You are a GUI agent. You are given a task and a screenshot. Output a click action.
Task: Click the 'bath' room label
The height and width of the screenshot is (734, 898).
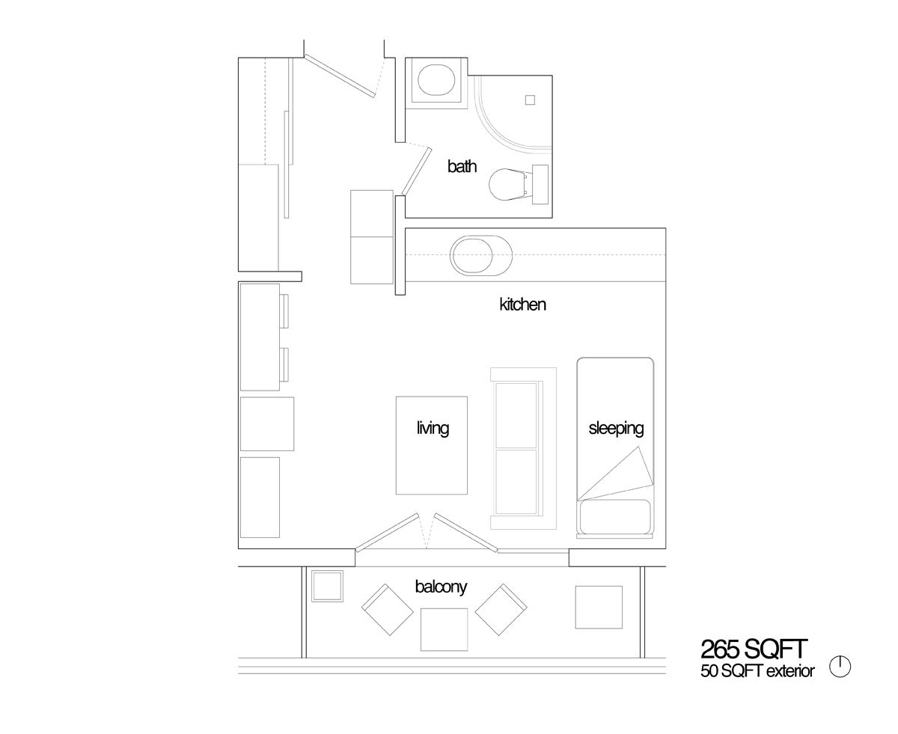(462, 166)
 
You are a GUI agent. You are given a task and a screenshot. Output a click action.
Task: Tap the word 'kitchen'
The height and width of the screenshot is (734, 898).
(522, 305)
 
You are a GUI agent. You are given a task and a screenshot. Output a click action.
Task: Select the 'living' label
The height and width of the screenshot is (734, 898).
(433, 428)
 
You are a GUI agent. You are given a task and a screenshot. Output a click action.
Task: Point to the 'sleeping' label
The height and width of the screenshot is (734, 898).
(616, 428)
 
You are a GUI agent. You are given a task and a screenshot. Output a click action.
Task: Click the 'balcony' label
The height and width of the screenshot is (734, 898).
(441, 587)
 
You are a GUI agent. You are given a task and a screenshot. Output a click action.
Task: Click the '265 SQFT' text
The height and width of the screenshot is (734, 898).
(754, 649)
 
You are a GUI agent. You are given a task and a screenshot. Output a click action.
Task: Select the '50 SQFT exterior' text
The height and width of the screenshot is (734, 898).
(757, 671)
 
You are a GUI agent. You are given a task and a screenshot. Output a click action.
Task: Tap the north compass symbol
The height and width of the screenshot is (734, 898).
(840, 667)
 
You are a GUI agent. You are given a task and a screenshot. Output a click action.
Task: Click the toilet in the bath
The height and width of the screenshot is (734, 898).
(518, 185)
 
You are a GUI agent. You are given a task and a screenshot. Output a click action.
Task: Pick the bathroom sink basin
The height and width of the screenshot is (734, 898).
(436, 80)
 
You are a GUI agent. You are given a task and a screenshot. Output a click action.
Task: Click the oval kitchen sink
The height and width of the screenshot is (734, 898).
(481, 255)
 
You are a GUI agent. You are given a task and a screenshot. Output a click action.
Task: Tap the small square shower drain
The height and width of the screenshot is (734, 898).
(530, 100)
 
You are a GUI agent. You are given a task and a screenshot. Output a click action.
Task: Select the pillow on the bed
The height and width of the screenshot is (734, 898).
(615, 516)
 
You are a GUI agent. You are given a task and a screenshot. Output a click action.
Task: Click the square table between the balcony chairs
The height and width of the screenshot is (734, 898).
(444, 630)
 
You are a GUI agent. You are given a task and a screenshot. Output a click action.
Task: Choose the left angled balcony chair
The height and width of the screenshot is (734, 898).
(388, 610)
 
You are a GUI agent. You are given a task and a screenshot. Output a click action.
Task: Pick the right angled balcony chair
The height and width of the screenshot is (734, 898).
(501, 610)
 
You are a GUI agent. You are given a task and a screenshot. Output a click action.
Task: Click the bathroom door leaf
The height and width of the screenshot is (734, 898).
(416, 171)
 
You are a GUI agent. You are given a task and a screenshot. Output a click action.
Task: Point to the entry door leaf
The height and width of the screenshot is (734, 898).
(340, 76)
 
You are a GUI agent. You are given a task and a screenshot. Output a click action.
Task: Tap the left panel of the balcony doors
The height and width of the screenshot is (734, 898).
(387, 532)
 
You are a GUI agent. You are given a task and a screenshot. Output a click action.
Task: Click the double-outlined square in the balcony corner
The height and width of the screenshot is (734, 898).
(327, 586)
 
